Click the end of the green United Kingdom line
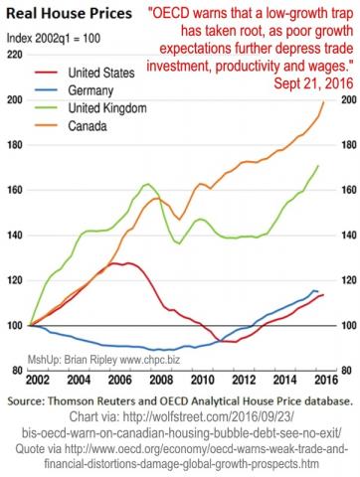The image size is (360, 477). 317,166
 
